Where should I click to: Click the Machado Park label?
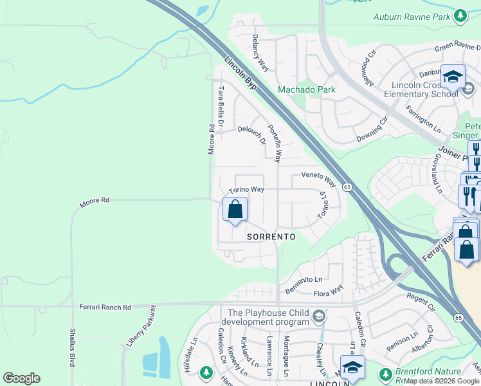point(306,90)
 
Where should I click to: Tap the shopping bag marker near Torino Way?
point(235,210)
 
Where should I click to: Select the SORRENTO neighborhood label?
point(271,237)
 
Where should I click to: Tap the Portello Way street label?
point(275,143)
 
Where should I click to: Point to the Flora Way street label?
point(328,293)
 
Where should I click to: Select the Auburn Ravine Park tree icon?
point(460,15)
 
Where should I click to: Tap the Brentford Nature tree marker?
point(385,374)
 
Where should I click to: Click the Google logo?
point(21,378)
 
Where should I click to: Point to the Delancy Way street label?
point(260,52)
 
